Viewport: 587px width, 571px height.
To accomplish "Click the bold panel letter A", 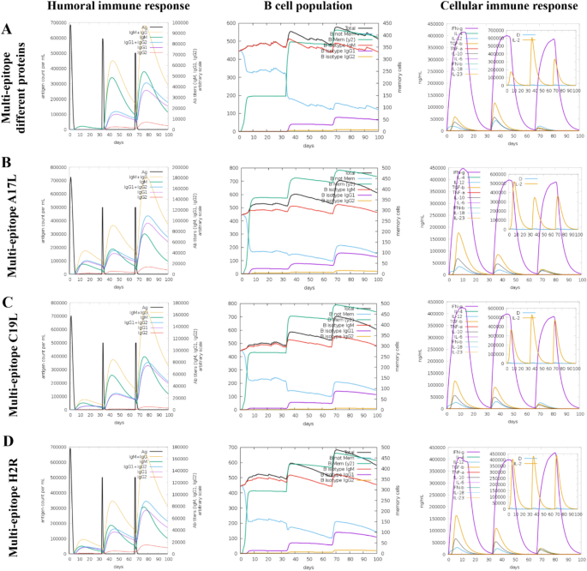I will coord(8,28).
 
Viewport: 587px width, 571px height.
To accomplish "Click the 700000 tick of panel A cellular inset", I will coord(495,29).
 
